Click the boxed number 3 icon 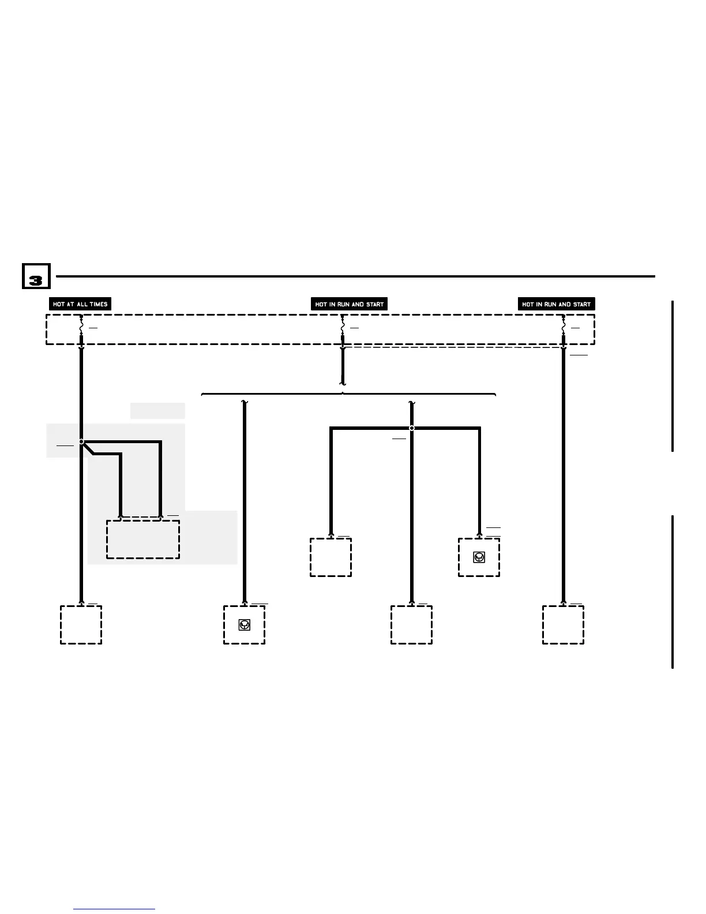pos(36,276)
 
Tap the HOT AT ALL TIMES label pos(80,304)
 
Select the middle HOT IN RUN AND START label pos(349,304)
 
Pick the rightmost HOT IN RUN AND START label pos(556,304)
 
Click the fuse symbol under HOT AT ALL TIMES pos(81,329)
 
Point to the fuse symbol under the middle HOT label pos(343,329)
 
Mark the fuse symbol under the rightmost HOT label pos(564,329)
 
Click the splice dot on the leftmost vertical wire pos(82,441)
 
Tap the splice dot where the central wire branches pos(412,428)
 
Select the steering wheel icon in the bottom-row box pos(244,624)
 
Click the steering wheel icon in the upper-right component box pos(479,557)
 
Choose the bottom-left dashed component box pos(81,624)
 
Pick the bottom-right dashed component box pos(563,624)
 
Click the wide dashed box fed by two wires pos(143,539)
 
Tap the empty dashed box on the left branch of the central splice pos(331,557)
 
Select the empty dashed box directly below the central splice pos(411,624)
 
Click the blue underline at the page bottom pos(114,909)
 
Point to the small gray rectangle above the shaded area pos(157,411)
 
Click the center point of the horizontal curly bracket pos(343,394)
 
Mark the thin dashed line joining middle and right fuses pos(453,347)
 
